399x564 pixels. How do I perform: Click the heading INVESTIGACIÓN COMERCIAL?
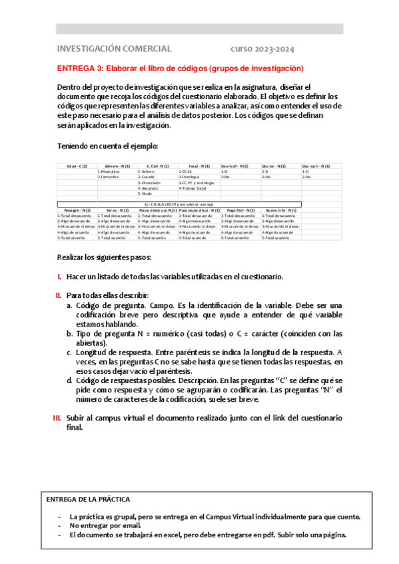coord(114,49)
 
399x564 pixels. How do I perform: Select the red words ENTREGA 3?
coord(80,69)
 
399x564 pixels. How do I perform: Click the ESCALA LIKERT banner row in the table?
coord(179,204)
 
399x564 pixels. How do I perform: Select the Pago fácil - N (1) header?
coord(238,210)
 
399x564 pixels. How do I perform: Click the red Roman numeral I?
coord(59,277)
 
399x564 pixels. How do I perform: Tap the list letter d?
coord(69,380)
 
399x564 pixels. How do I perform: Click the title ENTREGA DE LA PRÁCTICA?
coord(88,499)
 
